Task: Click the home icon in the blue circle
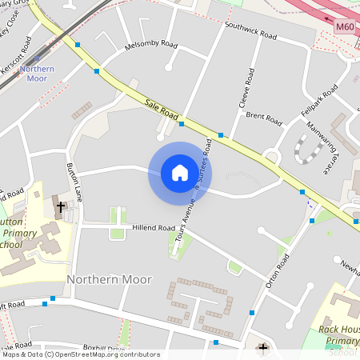[x=180, y=173]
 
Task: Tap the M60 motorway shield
[x=345, y=27]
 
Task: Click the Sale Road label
[x=162, y=109]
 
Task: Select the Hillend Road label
[x=153, y=228]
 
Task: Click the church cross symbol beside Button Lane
[x=60, y=206]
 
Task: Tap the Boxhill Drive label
[x=104, y=349]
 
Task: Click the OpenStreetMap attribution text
[x=80, y=354]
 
